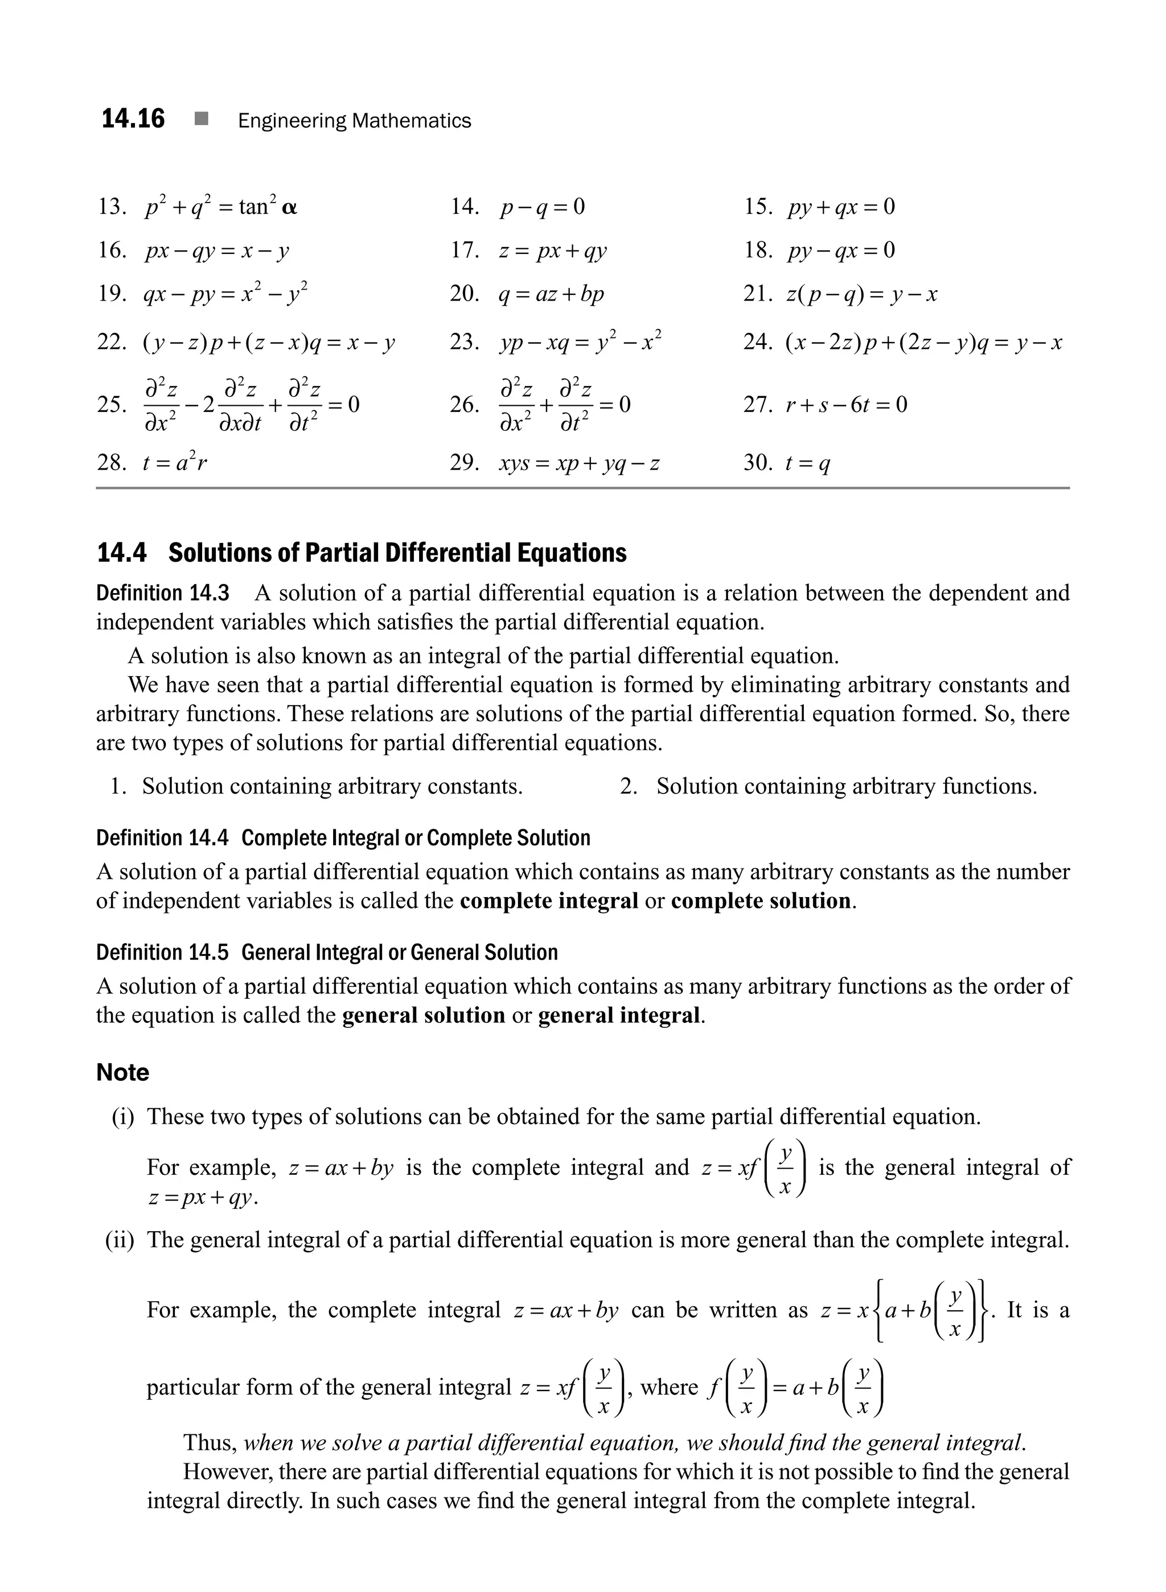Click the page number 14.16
133,120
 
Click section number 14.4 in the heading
121,553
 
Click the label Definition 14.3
162,593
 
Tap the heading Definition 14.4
162,838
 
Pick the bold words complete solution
760,901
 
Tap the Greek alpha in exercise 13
289,208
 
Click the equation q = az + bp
551,294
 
